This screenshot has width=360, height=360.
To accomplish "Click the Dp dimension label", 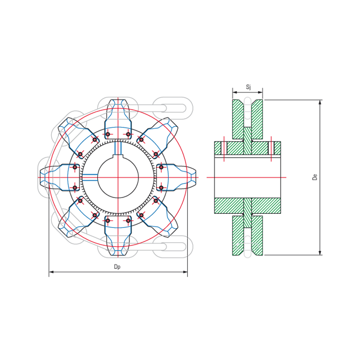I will click(x=117, y=267).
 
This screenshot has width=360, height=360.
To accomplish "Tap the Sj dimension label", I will click(x=248, y=87).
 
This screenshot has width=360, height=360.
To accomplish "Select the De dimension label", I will click(x=315, y=177).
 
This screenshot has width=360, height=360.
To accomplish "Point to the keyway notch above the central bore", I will click(x=118, y=149).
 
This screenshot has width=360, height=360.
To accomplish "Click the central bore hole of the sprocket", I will click(x=118, y=178).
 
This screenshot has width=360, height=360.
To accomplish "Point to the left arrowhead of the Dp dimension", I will click(x=51, y=272).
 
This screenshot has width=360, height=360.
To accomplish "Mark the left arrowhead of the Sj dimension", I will click(x=235, y=92).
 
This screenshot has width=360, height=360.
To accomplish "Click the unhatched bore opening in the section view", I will click(x=247, y=177).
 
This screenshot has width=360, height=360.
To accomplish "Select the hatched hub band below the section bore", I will click(x=247, y=205).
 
